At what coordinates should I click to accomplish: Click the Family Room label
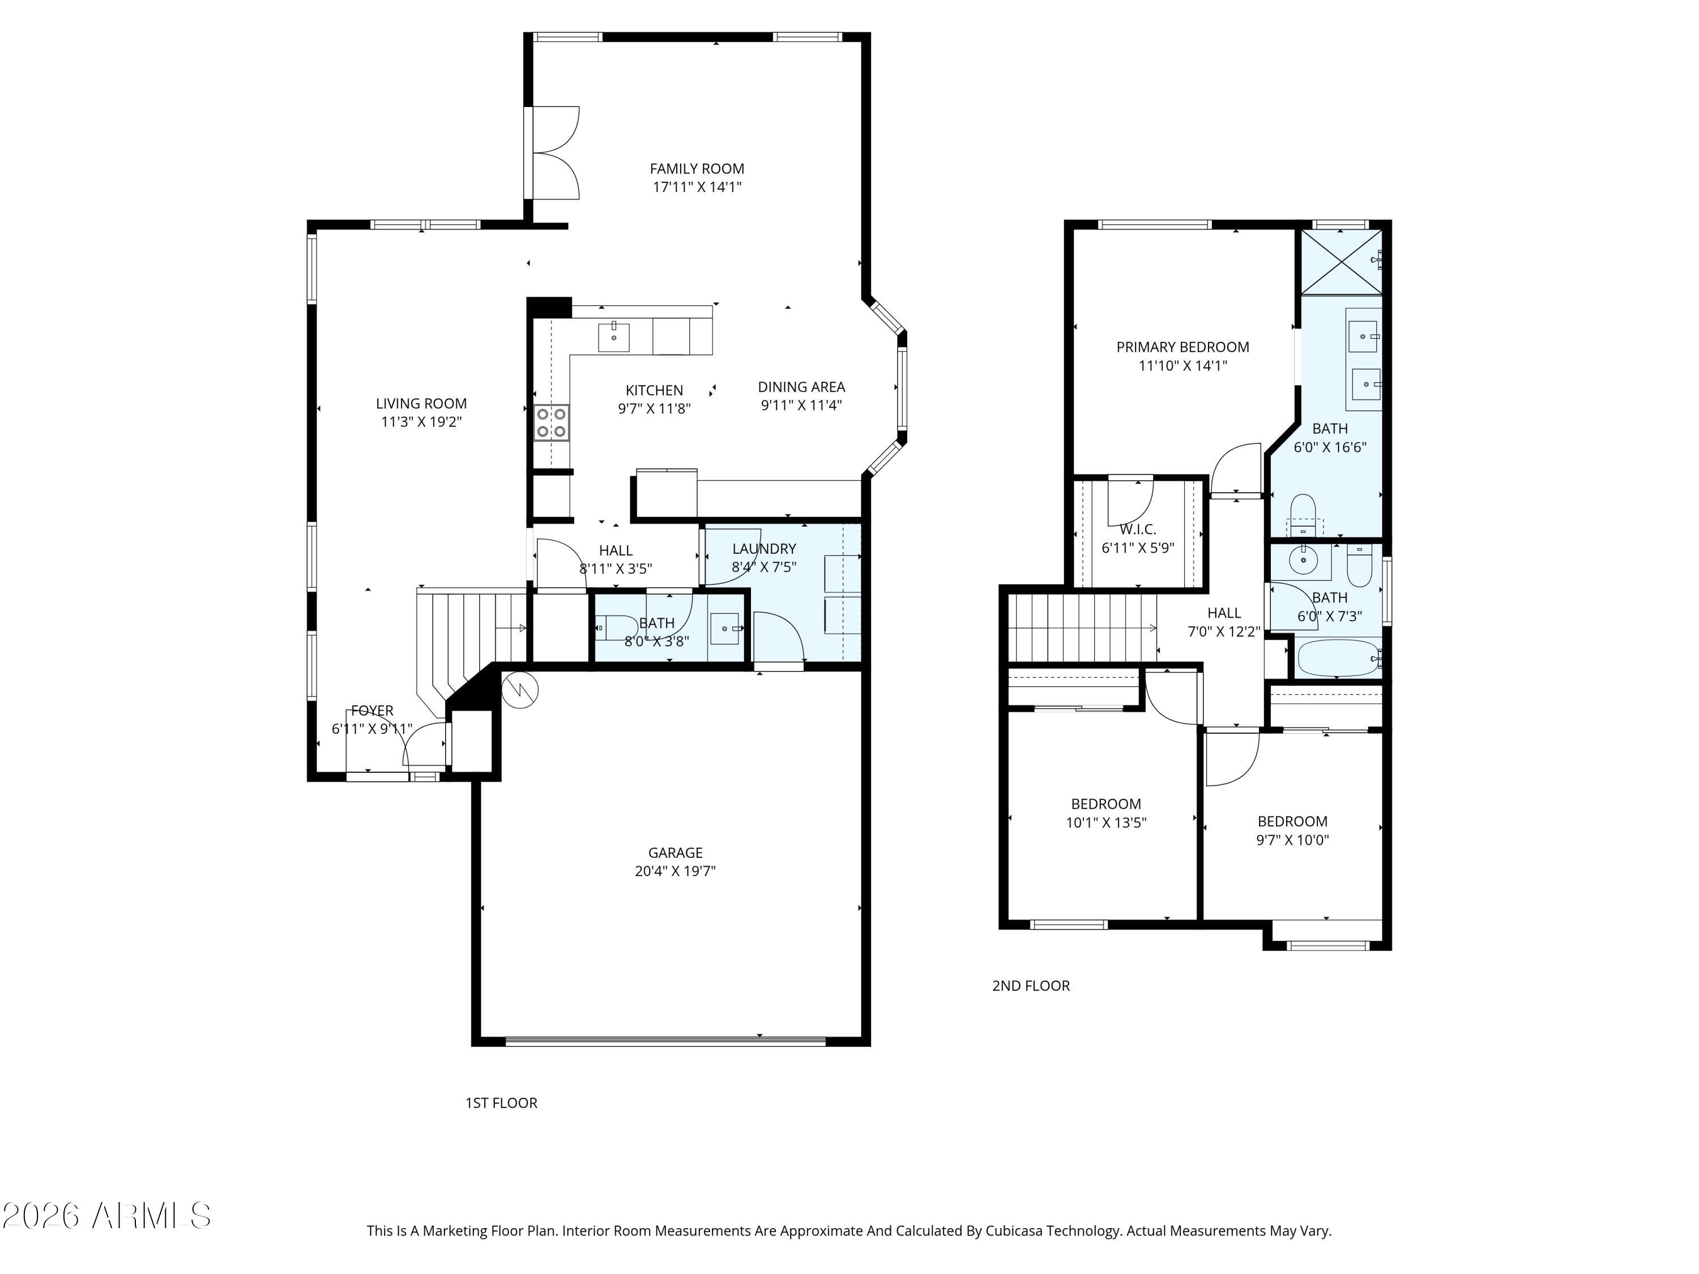click(x=697, y=169)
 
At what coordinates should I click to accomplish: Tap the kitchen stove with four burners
click(x=552, y=422)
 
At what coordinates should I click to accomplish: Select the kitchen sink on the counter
click(x=614, y=337)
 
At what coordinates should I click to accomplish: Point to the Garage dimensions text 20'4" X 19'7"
click(x=675, y=871)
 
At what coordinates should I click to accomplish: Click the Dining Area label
click(x=801, y=387)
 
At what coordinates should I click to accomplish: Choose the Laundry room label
click(x=763, y=548)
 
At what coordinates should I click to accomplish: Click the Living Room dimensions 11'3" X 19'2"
click(x=421, y=422)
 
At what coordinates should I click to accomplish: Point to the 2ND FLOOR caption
click(x=1031, y=985)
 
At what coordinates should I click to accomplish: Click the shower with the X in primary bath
click(x=1341, y=261)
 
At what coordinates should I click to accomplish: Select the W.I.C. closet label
click(x=1138, y=529)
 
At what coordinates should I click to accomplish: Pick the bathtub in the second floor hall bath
click(x=1339, y=658)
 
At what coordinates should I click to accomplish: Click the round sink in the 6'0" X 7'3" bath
click(x=1304, y=561)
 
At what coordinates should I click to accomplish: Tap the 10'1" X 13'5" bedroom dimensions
click(x=1106, y=823)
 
